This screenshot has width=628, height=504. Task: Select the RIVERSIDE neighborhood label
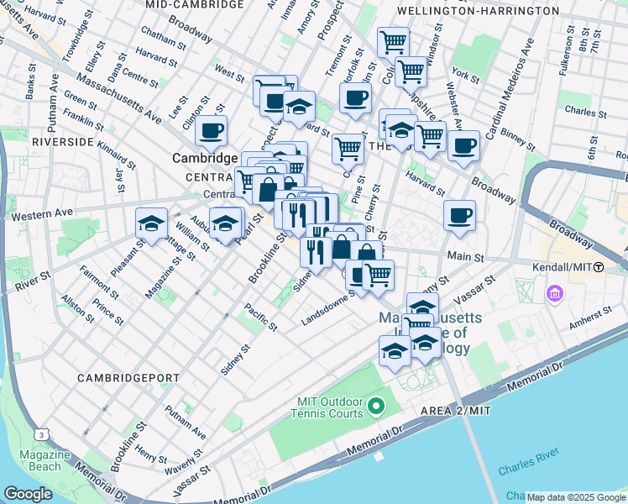[x=61, y=142]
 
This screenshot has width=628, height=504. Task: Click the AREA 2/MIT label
[x=442, y=409]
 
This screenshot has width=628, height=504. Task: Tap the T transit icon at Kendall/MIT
[x=598, y=267]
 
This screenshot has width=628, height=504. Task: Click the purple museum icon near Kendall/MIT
[x=555, y=295]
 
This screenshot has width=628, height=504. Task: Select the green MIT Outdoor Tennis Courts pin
[x=375, y=407]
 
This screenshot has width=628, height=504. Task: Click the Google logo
[x=28, y=494]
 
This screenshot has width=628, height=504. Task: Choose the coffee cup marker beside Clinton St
[x=211, y=131]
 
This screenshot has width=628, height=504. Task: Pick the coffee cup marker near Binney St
[x=463, y=145]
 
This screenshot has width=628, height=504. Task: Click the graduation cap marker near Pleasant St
[x=151, y=223]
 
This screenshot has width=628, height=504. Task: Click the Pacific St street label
[x=261, y=317]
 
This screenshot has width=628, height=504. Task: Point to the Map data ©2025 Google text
[x=574, y=497]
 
